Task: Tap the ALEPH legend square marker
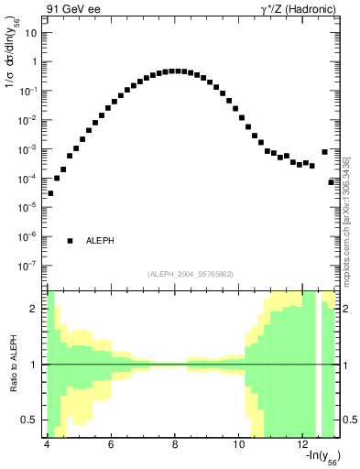pyautogui.click(x=70, y=241)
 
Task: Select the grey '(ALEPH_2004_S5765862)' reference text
pyautogui.click(x=191, y=274)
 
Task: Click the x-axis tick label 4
pyautogui.click(x=46, y=445)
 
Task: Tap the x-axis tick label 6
pyautogui.click(x=110, y=445)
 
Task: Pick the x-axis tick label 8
pyautogui.click(x=175, y=445)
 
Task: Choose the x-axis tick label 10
pyautogui.click(x=239, y=445)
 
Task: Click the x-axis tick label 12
pyautogui.click(x=303, y=445)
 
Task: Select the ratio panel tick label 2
pyautogui.click(x=34, y=309)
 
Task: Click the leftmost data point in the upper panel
pyautogui.click(x=50, y=193)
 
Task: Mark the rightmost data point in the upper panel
pyautogui.click(x=332, y=182)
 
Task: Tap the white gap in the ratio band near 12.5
pyautogui.click(x=319, y=365)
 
